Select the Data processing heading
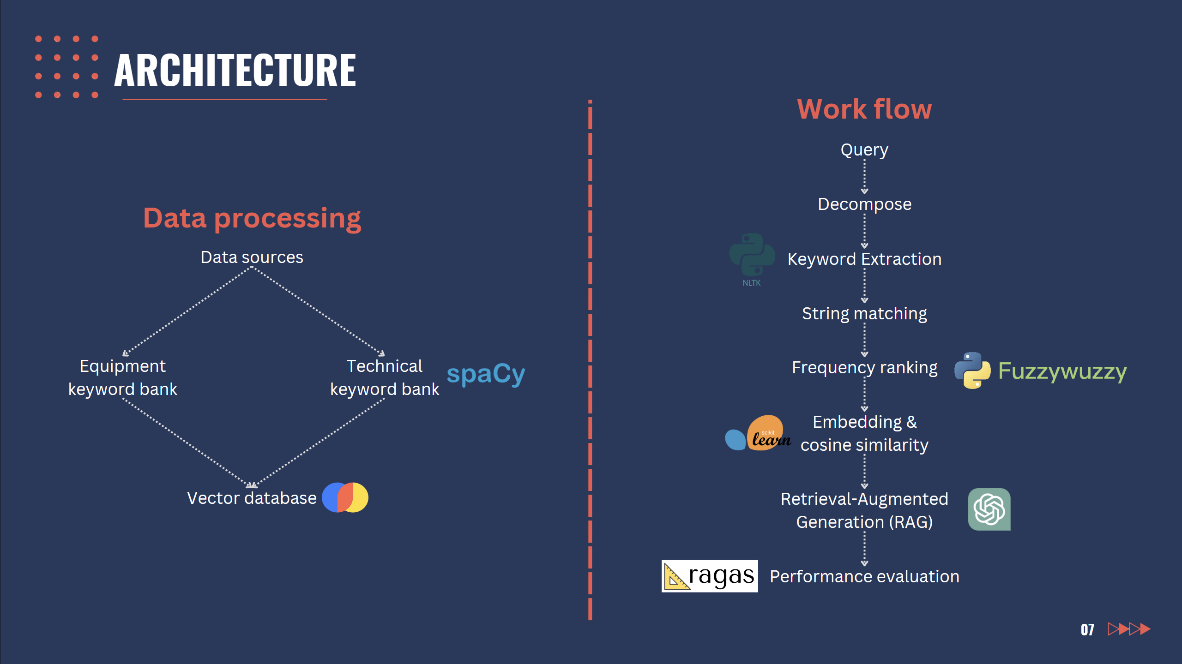click(252, 218)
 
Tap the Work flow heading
click(864, 109)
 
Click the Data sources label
click(252, 257)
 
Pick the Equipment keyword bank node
click(123, 377)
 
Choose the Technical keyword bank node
click(385, 377)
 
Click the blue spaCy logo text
click(486, 374)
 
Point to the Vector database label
click(252, 498)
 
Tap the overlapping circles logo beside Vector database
click(345, 497)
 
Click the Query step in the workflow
click(864, 150)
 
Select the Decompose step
click(865, 204)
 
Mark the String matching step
click(864, 314)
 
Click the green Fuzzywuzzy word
click(1062, 371)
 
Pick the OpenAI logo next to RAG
click(989, 509)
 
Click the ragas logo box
click(710, 576)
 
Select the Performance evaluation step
click(865, 577)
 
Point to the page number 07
click(1087, 630)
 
